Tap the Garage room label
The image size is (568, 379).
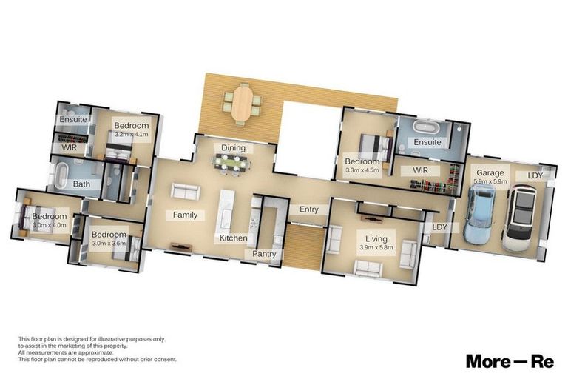tap(490, 173)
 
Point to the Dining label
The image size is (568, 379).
tap(234, 148)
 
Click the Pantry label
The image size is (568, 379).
tap(264, 254)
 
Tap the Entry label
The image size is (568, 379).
tap(308, 209)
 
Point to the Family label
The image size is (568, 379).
tap(185, 215)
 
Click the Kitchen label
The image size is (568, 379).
tap(232, 238)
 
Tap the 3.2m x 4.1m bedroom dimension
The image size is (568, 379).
tap(132, 135)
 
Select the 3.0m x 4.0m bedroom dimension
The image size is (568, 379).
tap(49, 225)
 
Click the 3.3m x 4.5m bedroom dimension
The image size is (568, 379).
tap(362, 170)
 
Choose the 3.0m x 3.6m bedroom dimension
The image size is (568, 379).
tap(109, 242)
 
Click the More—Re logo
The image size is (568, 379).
tap(510, 361)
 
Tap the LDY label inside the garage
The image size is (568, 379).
tap(535, 175)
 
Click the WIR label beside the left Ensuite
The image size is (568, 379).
tap(69, 148)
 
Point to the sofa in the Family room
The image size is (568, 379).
tap(186, 192)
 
